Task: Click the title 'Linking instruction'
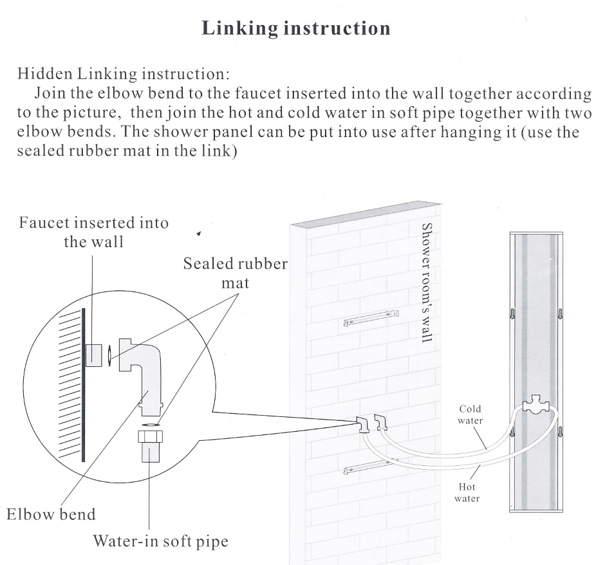click(296, 28)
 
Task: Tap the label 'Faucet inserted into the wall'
click(93, 232)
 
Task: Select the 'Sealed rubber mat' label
click(235, 273)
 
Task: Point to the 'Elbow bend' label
click(51, 514)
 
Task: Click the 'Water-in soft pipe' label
click(160, 541)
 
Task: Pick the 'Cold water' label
click(470, 414)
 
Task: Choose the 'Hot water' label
click(467, 493)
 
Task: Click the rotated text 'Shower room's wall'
click(425, 282)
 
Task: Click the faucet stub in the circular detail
click(95, 355)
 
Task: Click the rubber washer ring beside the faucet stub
click(111, 355)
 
